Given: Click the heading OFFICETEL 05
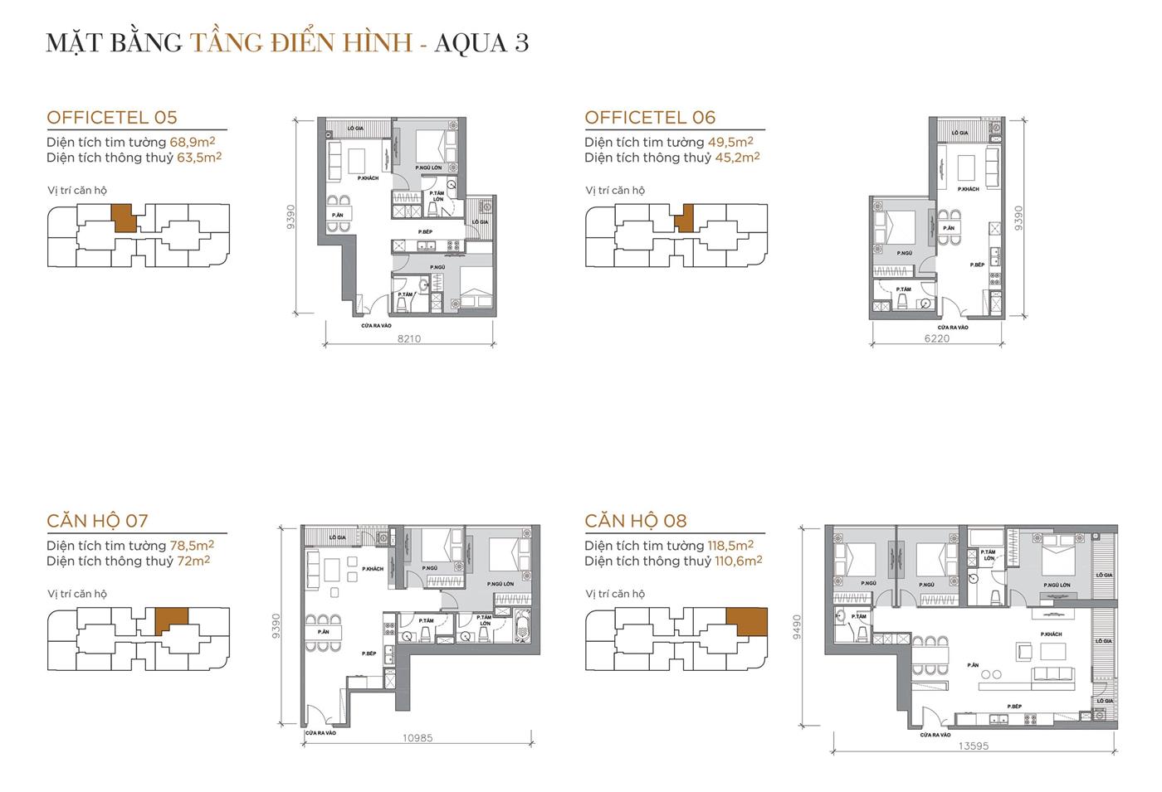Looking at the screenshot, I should click(112, 118).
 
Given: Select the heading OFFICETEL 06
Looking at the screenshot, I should click(650, 118).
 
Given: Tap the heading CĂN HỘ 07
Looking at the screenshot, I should click(97, 521).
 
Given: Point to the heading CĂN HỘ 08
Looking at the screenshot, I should click(636, 521).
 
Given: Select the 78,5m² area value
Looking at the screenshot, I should click(192, 546).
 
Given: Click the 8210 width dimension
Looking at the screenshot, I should click(409, 338).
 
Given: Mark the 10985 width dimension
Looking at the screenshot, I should click(417, 738).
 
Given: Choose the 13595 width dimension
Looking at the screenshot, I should click(973, 746).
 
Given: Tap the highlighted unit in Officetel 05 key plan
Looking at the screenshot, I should click(122, 217).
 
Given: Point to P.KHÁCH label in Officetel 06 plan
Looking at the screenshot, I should click(968, 189).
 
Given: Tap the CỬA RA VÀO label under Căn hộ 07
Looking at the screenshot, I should click(320, 733).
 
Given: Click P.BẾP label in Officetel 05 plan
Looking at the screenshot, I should click(425, 231).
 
